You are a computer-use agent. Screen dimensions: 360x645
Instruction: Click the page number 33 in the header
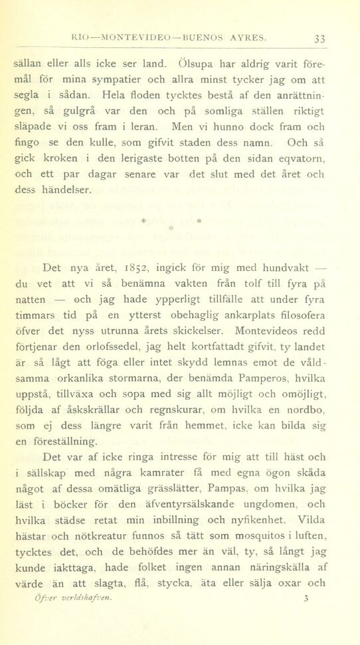[x=319, y=39]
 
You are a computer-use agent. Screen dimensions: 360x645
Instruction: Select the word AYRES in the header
[x=247, y=39]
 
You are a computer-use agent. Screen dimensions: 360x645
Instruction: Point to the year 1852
[x=139, y=269]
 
